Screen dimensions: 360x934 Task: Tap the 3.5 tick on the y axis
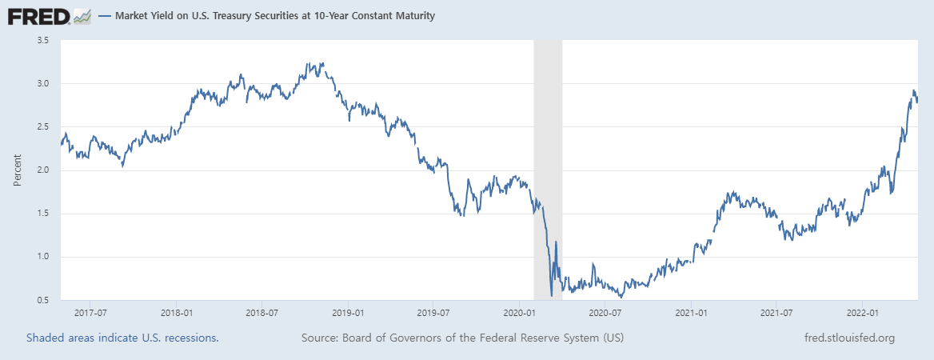[x=42, y=40]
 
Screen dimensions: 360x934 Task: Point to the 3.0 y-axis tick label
[x=42, y=84]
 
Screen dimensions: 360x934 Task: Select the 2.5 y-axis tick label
[x=42, y=127]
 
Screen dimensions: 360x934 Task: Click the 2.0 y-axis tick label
[x=42, y=170]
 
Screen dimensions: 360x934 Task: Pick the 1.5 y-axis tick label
[x=42, y=214]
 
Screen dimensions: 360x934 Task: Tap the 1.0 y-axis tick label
[x=42, y=257]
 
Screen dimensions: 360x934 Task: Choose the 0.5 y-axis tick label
[x=42, y=300]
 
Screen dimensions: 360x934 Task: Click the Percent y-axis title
[x=18, y=170]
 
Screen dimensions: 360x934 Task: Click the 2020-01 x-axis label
[x=519, y=312]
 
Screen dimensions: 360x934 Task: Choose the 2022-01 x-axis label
[x=863, y=312]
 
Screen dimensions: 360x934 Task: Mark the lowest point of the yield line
[x=552, y=296]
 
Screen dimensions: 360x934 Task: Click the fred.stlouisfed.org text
[x=848, y=338]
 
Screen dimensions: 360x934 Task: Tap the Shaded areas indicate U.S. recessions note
[x=122, y=338]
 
